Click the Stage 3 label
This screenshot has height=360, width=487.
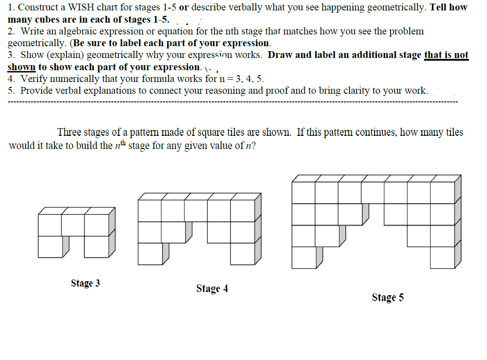tap(85, 283)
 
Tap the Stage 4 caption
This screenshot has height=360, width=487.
tap(212, 289)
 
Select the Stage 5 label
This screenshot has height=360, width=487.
tap(387, 298)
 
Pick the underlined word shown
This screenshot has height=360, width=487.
tap(21, 67)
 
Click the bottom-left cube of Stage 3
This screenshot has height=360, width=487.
tap(50, 246)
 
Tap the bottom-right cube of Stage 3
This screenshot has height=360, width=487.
tap(96, 246)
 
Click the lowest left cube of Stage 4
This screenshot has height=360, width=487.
tap(150, 254)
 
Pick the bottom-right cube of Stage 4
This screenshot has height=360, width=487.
tap(242, 254)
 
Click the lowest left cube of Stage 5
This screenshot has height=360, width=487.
tap(304, 258)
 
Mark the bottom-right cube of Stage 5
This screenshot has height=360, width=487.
tap(442, 258)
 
